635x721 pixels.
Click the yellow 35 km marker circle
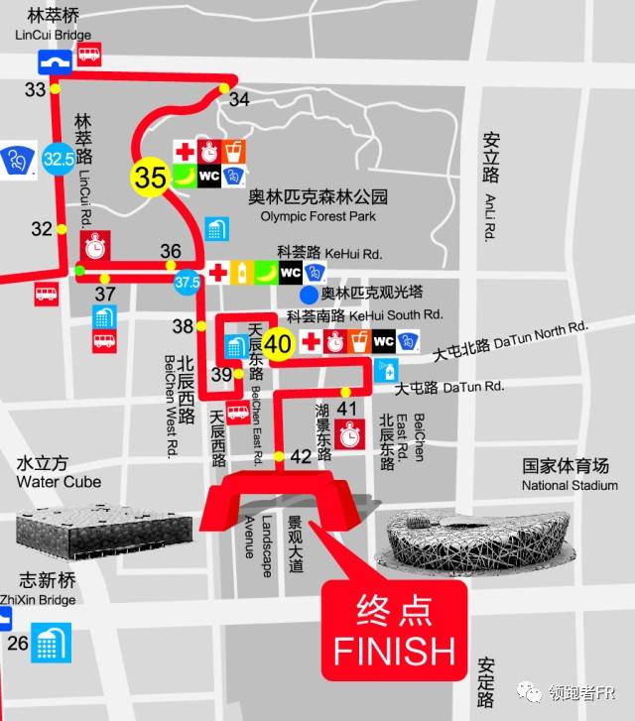[151, 178]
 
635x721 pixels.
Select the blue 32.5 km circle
[58, 158]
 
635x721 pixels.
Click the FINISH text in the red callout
[394, 652]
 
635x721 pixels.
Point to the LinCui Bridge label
[55, 34]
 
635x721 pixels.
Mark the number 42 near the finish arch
[301, 456]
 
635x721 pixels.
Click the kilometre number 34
[239, 99]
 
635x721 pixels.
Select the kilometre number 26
[17, 643]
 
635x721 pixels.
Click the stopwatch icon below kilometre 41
[348, 433]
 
